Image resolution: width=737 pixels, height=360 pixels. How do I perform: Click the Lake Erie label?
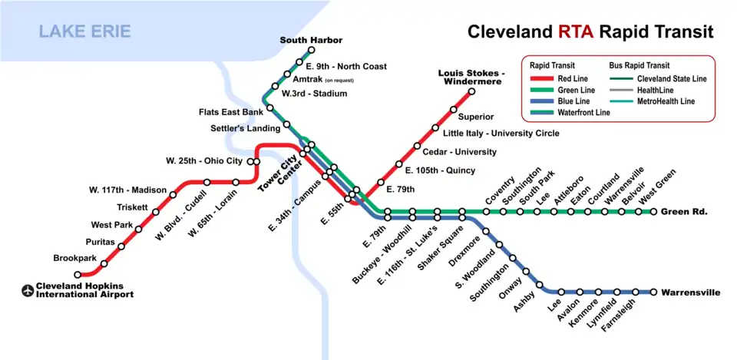85,31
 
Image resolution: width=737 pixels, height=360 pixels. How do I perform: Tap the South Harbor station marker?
311,51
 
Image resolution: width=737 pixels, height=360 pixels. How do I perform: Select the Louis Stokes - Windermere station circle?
471,91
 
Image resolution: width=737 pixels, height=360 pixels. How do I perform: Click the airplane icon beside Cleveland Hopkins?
28,290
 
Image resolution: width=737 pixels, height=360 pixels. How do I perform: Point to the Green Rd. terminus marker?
654,212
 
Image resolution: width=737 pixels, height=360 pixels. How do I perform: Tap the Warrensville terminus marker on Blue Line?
654,292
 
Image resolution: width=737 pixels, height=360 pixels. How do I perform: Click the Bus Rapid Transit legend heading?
639,65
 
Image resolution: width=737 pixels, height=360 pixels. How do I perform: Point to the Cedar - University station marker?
417,146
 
